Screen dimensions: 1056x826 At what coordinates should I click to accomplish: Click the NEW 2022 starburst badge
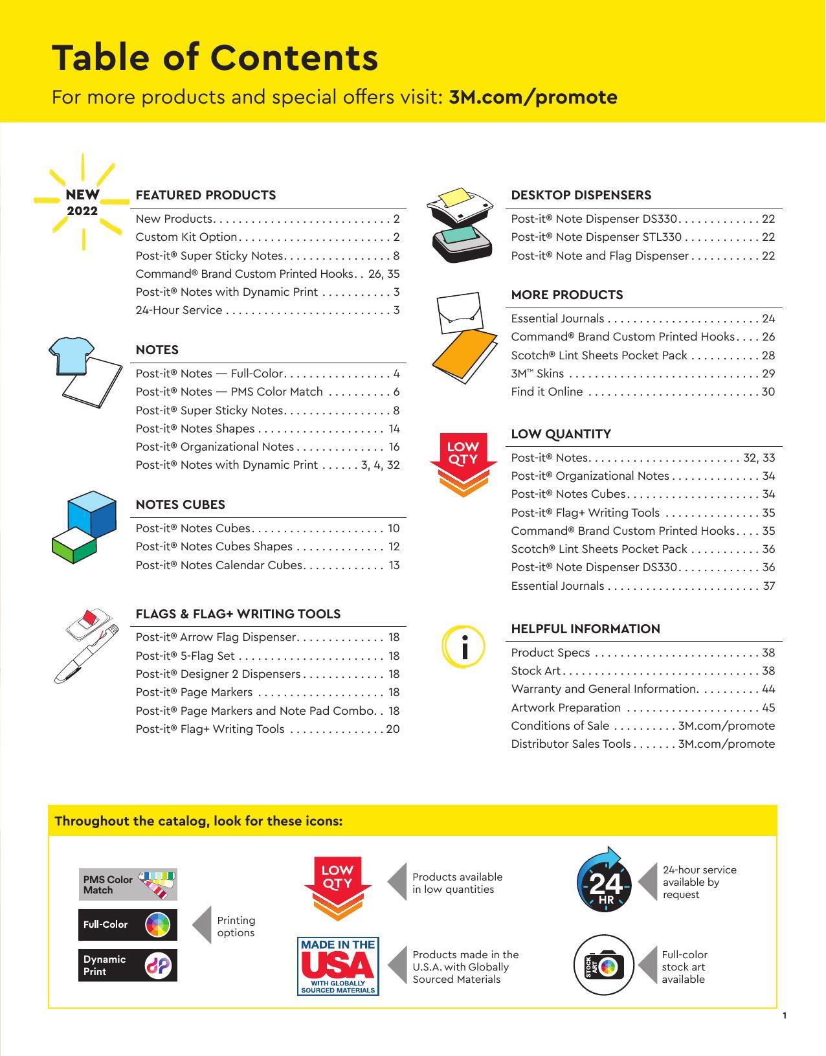[x=82, y=202]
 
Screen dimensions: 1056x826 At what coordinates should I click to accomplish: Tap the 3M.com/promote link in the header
[x=533, y=97]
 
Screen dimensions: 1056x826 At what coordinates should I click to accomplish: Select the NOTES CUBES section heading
[x=180, y=504]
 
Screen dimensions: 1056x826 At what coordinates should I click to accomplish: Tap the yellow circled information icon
[x=463, y=646]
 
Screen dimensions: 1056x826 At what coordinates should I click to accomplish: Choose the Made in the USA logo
[x=338, y=966]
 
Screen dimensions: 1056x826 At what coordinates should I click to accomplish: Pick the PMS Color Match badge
[x=128, y=884]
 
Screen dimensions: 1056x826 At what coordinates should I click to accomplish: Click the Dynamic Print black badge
[x=128, y=965]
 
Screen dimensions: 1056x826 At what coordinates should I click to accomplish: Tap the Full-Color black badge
[x=128, y=925]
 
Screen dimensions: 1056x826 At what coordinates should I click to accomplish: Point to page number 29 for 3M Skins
[x=768, y=374]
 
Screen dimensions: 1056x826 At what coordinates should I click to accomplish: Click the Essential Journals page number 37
[x=768, y=586]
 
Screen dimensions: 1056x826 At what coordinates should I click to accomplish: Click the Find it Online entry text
[x=546, y=392]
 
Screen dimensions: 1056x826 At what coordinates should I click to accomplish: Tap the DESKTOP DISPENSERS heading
[x=581, y=195]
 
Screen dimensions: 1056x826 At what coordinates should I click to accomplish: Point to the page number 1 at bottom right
[x=785, y=1015]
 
